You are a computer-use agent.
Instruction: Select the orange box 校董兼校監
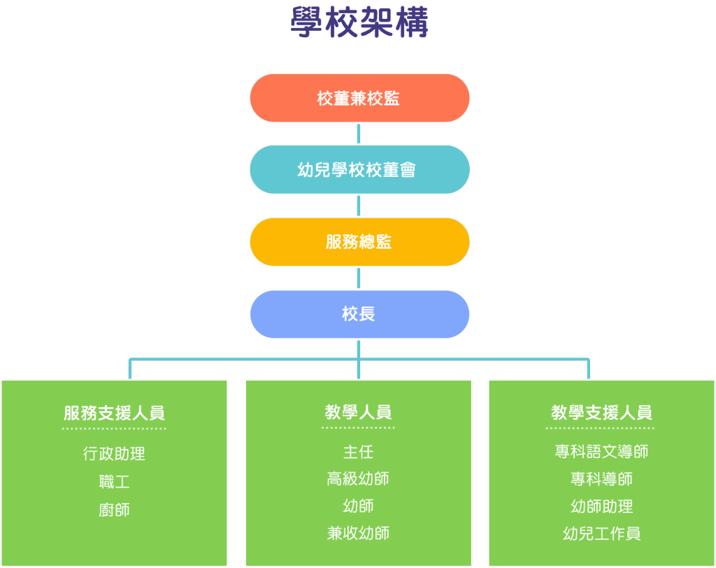[359, 98]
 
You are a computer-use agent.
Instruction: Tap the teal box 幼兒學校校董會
[359, 169]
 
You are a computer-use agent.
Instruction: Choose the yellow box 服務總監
[359, 241]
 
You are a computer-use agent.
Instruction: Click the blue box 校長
[359, 314]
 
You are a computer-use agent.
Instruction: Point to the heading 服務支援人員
[114, 413]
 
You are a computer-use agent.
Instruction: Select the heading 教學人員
[358, 412]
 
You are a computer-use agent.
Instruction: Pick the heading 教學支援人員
[601, 412]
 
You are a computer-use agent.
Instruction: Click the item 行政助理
[114, 453]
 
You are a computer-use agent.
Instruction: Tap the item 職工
[114, 482]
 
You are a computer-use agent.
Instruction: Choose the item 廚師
[114, 510]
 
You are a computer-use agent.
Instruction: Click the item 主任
[358, 452]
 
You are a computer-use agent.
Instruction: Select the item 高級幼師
[358, 479]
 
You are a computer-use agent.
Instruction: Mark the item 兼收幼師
[358, 534]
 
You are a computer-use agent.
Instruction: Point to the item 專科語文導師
[601, 452]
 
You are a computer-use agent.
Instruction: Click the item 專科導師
[601, 479]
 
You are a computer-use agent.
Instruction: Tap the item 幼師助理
[601, 506]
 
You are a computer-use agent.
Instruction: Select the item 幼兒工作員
[601, 534]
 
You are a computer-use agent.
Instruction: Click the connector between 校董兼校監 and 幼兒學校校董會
[359, 134]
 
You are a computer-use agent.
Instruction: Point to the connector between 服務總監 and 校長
[359, 278]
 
